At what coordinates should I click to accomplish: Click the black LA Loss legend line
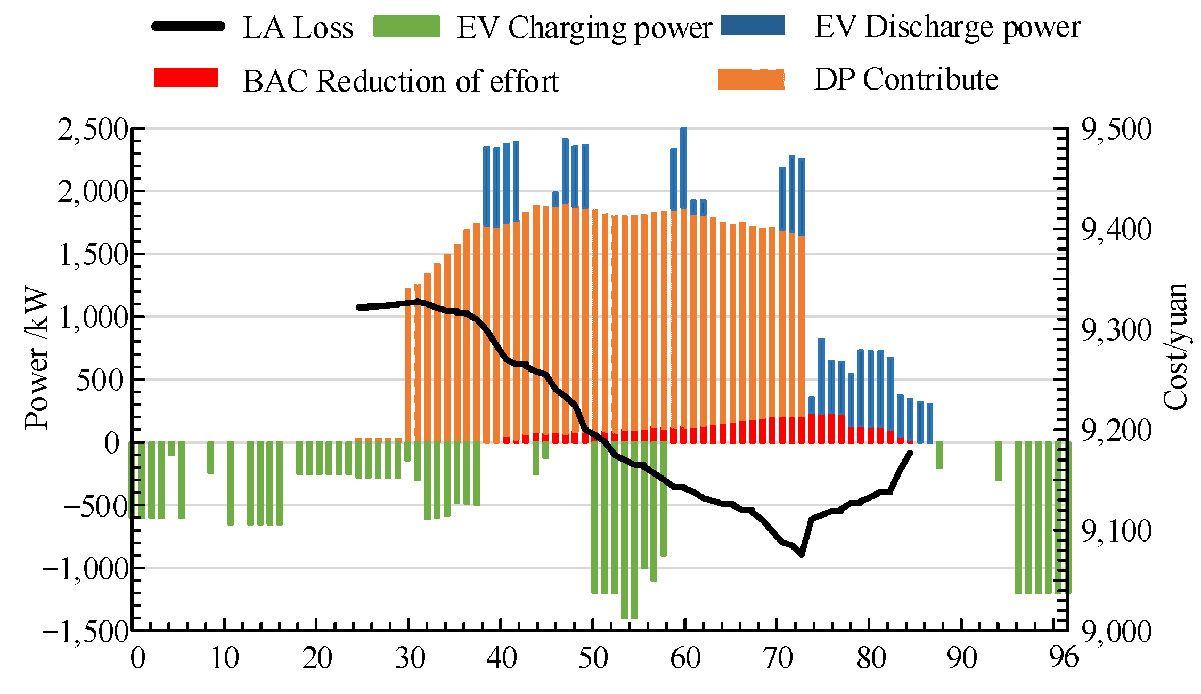point(188,27)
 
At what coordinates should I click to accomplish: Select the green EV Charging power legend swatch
point(406,27)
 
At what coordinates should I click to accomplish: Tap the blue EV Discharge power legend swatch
point(753,25)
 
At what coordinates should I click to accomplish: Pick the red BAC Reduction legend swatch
point(186,77)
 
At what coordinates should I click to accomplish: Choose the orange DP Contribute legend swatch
point(751,79)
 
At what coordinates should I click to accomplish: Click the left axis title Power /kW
point(37,358)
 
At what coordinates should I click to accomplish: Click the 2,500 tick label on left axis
point(93,130)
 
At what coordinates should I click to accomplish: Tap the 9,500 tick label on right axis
point(1116,130)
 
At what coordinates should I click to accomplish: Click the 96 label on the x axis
point(1064,658)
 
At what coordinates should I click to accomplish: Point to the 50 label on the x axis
point(593,658)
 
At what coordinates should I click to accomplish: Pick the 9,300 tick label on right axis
point(1116,330)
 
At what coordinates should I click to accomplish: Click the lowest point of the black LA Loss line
point(802,555)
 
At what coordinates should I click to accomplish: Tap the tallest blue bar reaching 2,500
point(683,168)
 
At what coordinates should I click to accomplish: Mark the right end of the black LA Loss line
point(910,453)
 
